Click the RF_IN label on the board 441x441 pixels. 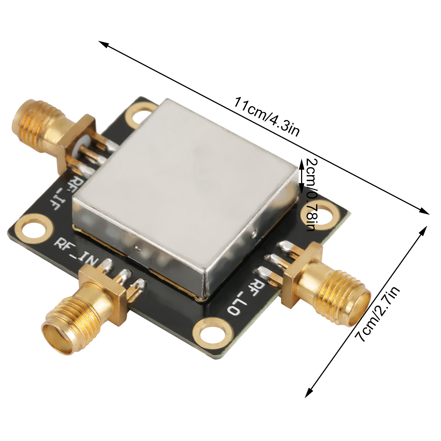pyautogui.click(x=76, y=253)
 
